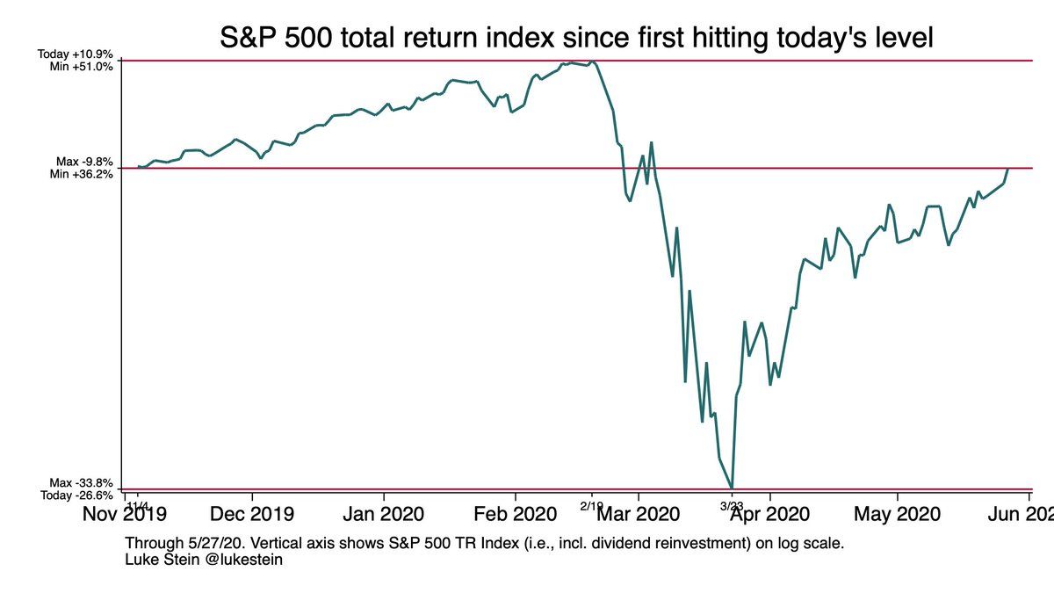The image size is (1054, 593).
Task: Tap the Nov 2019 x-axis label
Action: click(126, 513)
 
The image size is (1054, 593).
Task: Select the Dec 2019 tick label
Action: click(254, 513)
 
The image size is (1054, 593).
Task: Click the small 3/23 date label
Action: click(732, 505)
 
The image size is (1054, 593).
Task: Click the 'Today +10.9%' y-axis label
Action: click(76, 54)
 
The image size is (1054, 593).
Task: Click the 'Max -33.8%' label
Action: click(82, 483)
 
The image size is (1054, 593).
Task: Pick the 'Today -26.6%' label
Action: click(76, 495)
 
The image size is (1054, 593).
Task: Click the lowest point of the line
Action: click(732, 488)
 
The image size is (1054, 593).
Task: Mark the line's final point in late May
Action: click(1008, 168)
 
